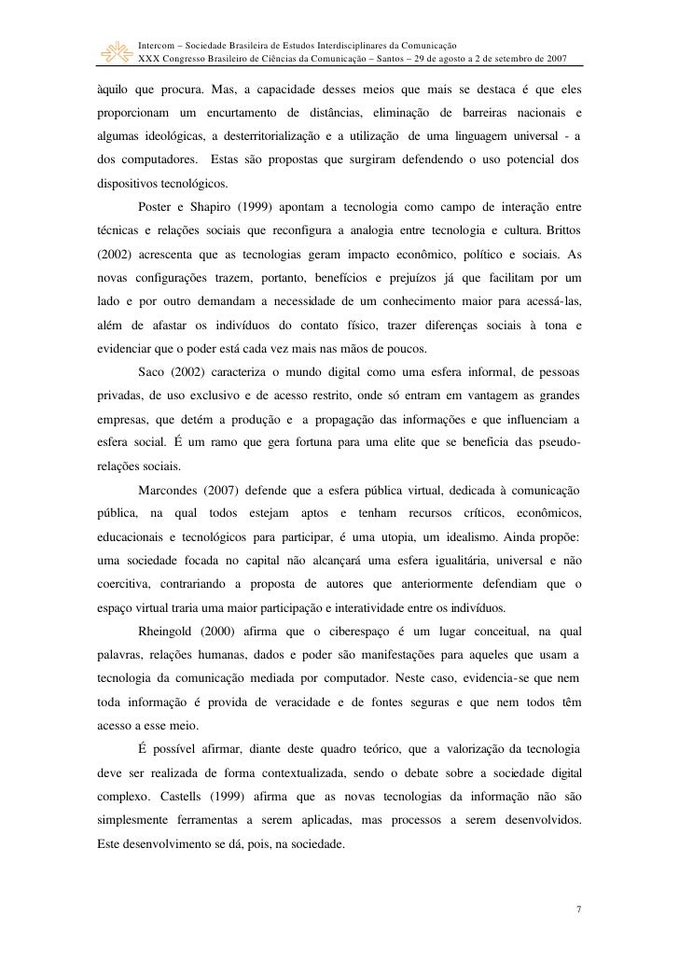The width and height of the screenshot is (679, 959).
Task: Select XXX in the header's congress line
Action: coord(149,58)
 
